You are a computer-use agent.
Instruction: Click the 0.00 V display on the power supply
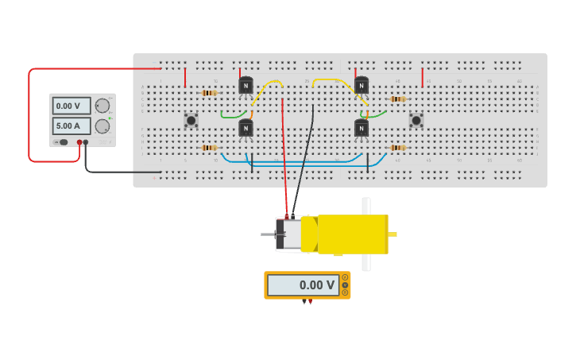click(71, 106)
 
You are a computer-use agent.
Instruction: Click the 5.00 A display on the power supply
click(71, 126)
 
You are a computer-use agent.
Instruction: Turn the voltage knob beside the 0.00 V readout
click(102, 106)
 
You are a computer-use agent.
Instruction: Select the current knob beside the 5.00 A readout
click(102, 126)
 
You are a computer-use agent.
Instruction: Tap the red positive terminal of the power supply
click(79, 142)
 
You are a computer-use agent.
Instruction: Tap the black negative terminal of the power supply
click(86, 142)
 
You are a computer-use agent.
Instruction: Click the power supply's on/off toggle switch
click(62, 142)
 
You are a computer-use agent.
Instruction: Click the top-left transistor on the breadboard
click(245, 86)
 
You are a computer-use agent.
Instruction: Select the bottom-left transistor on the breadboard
click(245, 128)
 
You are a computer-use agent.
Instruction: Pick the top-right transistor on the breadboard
click(361, 86)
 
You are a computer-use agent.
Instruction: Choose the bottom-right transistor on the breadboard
click(361, 128)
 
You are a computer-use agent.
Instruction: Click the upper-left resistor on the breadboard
click(209, 93)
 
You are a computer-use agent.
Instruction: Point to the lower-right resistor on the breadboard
click(397, 148)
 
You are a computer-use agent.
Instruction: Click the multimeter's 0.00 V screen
click(303, 285)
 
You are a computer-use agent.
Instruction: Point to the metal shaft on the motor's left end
click(268, 234)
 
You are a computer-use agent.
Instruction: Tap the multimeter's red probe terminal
click(310, 301)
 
